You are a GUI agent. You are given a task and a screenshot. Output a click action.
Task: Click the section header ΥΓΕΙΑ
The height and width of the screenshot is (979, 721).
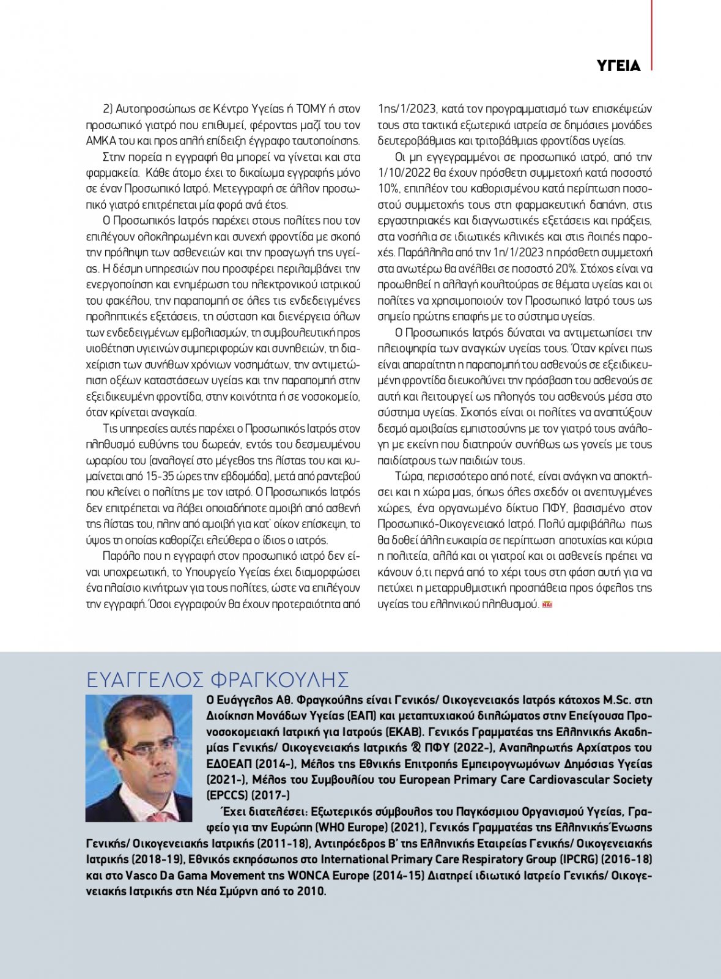(x=618, y=65)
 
